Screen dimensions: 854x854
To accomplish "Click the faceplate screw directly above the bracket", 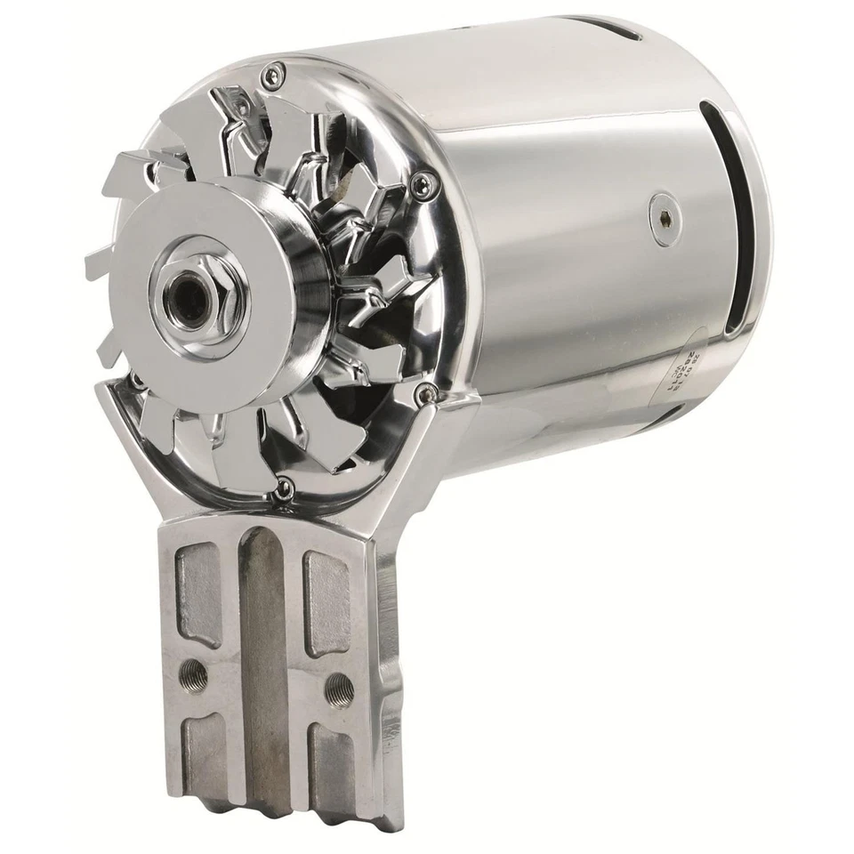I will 283,487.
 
